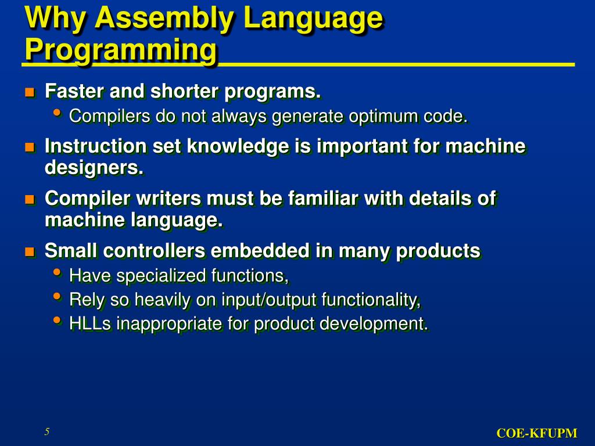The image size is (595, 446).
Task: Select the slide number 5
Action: pos(47,431)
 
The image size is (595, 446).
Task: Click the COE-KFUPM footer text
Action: pos(536,433)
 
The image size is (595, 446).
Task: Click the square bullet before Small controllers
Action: pos(30,251)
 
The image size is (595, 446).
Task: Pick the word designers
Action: pos(94,168)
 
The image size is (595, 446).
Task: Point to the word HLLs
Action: pos(91,323)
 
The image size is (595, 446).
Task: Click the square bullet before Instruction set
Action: pos(30,147)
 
